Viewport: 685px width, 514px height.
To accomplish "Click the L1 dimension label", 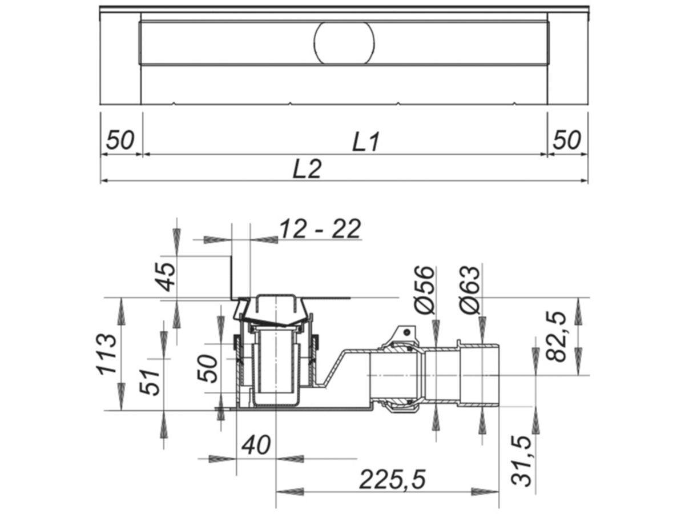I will point(365,141).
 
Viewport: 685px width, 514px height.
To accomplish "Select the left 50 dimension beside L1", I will point(120,140).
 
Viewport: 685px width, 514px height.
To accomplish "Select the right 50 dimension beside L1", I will point(567,140).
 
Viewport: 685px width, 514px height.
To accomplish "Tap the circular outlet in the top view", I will point(344,43).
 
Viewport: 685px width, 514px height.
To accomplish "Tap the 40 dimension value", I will point(255,445).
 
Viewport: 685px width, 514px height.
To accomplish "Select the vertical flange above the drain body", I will point(232,277).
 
